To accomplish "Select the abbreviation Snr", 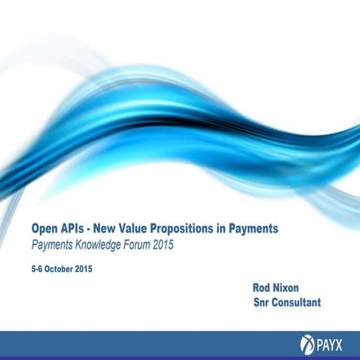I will (262, 302).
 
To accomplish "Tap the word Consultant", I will (298, 302).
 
